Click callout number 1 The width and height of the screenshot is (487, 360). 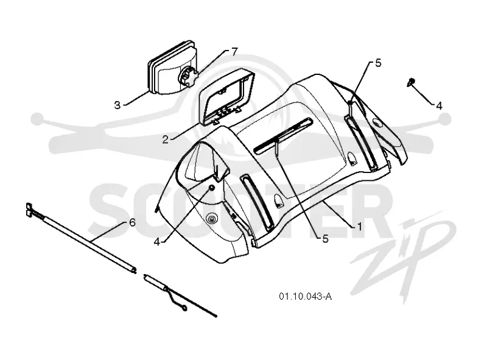tap(359, 227)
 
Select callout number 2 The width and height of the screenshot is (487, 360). tap(165, 139)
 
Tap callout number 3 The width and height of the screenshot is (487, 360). tap(117, 105)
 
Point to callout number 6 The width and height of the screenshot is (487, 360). tap(132, 222)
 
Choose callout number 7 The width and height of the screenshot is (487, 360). tap(234, 52)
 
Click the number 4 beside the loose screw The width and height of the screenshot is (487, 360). tap(439, 106)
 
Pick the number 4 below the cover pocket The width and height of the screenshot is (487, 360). tap(157, 242)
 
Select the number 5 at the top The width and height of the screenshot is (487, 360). tap(378, 63)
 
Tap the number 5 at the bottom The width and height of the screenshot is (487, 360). tap(325, 238)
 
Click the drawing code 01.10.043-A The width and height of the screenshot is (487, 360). tap(306, 296)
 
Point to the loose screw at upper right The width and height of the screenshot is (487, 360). tap(412, 82)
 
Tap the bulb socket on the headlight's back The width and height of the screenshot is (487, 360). tap(188, 77)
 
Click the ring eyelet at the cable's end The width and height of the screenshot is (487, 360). tap(184, 309)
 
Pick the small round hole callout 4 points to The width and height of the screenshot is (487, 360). tap(211, 188)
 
